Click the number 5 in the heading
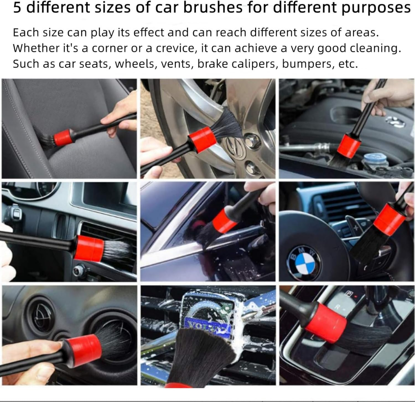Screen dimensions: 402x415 click(17, 7)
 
